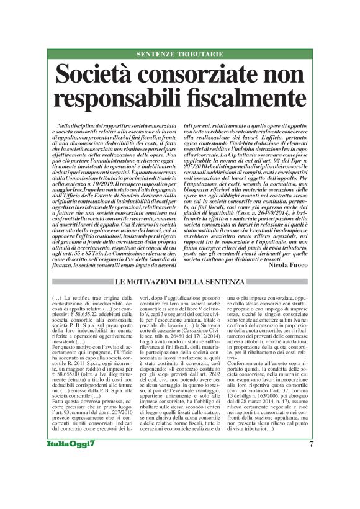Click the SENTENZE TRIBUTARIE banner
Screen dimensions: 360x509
[x=179, y=55]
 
